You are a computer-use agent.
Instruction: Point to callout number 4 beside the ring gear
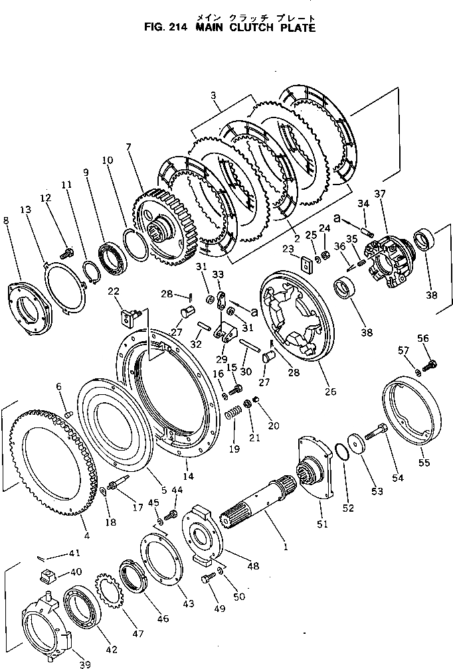pyautogui.click(x=86, y=535)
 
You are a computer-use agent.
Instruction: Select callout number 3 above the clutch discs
pyautogui.click(x=214, y=96)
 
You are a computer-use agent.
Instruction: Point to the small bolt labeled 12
pyautogui.click(x=67, y=253)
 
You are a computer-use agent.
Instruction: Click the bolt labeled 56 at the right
pyautogui.click(x=432, y=362)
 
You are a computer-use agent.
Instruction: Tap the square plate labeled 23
pyautogui.click(x=307, y=264)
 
